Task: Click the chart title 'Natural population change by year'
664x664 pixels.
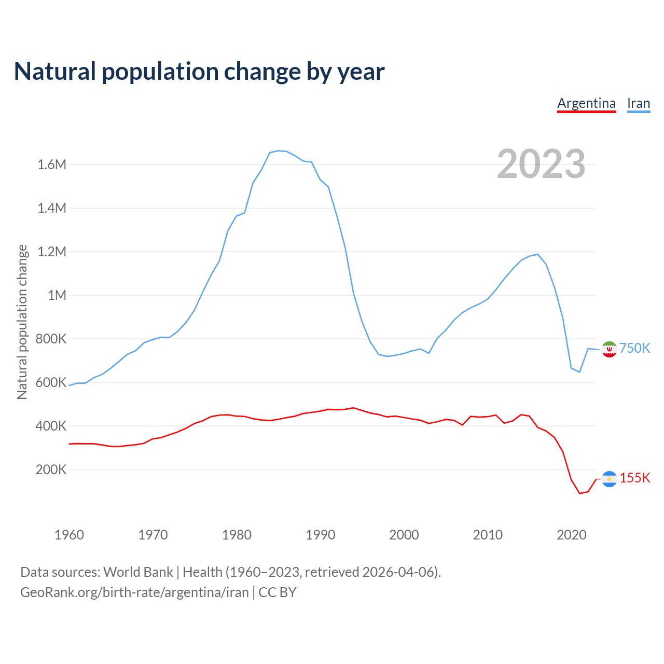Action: coord(199,72)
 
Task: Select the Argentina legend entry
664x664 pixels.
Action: coord(586,103)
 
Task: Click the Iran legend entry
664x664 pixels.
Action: coord(638,103)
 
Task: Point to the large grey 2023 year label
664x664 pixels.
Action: coord(541,164)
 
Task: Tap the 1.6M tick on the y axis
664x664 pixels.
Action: coord(52,165)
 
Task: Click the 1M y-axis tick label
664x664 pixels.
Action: coord(57,296)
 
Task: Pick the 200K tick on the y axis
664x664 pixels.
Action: coord(52,470)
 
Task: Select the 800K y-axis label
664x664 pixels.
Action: coord(52,339)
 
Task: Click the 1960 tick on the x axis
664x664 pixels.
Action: coord(69,535)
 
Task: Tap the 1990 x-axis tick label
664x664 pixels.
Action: coord(320,535)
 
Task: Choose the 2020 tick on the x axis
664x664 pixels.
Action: coord(571,535)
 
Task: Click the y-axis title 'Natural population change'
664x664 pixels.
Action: coord(22,322)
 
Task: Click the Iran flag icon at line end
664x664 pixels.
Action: coord(609,349)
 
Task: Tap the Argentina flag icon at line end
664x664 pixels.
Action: coord(609,478)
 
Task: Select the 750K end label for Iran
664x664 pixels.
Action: coord(634,348)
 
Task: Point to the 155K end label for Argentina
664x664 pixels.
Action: coord(634,478)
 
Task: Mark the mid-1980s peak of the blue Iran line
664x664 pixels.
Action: coord(279,150)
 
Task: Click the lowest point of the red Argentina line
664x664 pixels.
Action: coord(580,493)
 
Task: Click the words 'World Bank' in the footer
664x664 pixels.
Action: coord(138,572)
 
